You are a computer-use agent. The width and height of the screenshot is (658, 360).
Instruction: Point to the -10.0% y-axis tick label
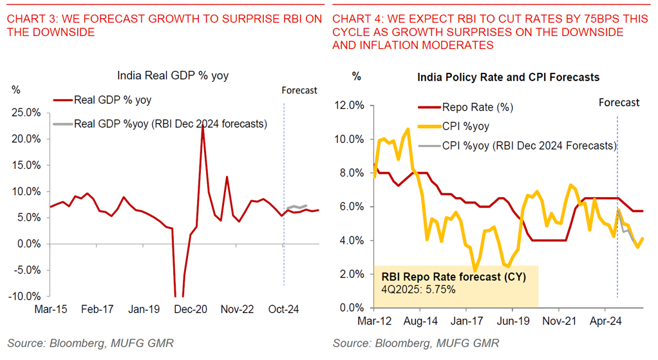26,296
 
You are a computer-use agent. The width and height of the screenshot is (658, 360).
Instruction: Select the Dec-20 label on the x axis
191,309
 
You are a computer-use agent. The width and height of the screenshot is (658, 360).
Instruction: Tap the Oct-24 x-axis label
285,309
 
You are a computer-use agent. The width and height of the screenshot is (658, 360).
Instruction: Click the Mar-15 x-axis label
50,309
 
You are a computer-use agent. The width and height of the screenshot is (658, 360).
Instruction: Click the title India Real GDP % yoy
173,76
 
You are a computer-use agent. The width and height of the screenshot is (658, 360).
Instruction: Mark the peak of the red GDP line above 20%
203,127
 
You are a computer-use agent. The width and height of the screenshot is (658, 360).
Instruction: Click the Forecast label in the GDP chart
299,90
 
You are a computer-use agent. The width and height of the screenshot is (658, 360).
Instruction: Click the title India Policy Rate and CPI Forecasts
508,77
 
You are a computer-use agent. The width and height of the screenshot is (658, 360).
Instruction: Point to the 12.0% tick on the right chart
351,106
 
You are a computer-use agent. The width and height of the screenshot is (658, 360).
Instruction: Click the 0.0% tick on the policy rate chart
353,308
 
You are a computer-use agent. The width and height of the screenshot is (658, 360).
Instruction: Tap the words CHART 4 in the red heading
355,19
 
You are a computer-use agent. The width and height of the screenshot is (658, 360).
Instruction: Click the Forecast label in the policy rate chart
619,102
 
